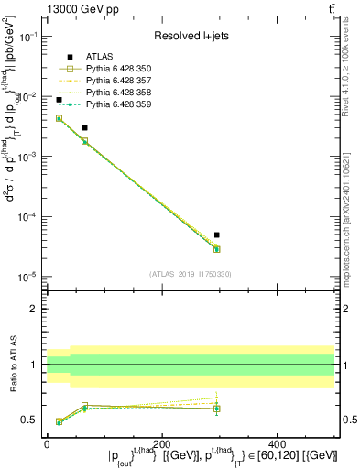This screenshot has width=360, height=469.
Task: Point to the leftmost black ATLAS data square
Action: (59, 100)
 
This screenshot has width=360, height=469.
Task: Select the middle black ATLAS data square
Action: (84, 128)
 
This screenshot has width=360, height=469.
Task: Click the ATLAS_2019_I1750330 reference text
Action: (191, 274)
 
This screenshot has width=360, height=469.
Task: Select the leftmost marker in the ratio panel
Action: (59, 421)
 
